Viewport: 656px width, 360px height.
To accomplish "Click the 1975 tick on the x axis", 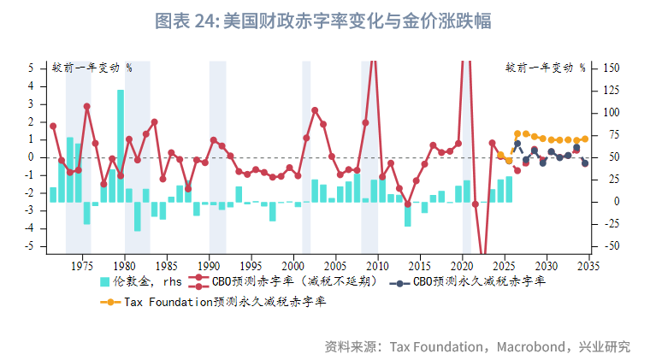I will [82, 265].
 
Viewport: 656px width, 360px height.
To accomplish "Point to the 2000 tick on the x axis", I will [293, 265].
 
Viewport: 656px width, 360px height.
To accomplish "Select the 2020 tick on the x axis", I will [462, 265].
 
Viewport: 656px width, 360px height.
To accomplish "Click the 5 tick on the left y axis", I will [31, 68].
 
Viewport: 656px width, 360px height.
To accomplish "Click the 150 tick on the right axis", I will [611, 68].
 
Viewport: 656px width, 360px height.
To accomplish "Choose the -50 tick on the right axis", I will [611, 246].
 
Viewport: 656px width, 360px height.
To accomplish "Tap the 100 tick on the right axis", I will [611, 113].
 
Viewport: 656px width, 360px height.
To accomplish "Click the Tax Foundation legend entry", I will [214, 302].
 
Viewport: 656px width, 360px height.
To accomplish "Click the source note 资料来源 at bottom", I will [476, 346].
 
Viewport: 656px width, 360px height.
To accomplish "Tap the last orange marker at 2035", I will [585, 139].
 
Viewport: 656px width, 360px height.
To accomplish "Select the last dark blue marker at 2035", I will [585, 163].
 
